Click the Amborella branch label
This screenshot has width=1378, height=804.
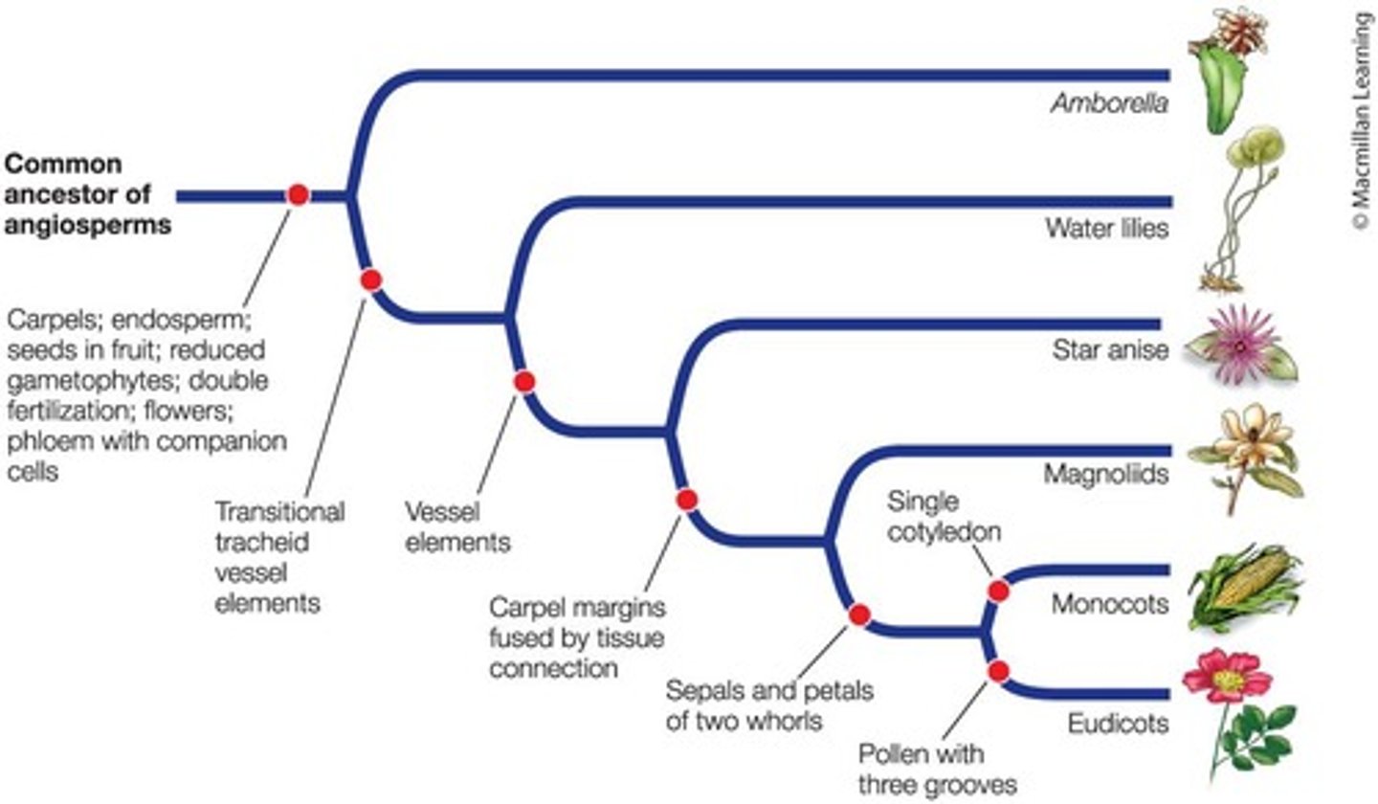[1109, 103]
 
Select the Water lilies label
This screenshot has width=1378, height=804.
[1106, 230]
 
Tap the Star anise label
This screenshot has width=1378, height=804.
[1110, 350]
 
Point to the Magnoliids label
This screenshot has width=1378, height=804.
[1106, 475]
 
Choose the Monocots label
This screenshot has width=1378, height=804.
[1110, 605]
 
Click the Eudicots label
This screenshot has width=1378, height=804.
[1118, 723]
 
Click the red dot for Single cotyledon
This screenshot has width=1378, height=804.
[998, 591]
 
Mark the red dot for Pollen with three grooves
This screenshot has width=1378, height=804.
[999, 672]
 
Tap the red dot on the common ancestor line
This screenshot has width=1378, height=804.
[298, 195]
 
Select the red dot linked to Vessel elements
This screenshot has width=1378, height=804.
[523, 382]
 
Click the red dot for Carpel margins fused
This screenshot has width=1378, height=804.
[686, 499]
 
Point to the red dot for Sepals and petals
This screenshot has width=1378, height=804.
[858, 614]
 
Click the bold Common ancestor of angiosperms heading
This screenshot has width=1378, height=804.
[89, 195]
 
